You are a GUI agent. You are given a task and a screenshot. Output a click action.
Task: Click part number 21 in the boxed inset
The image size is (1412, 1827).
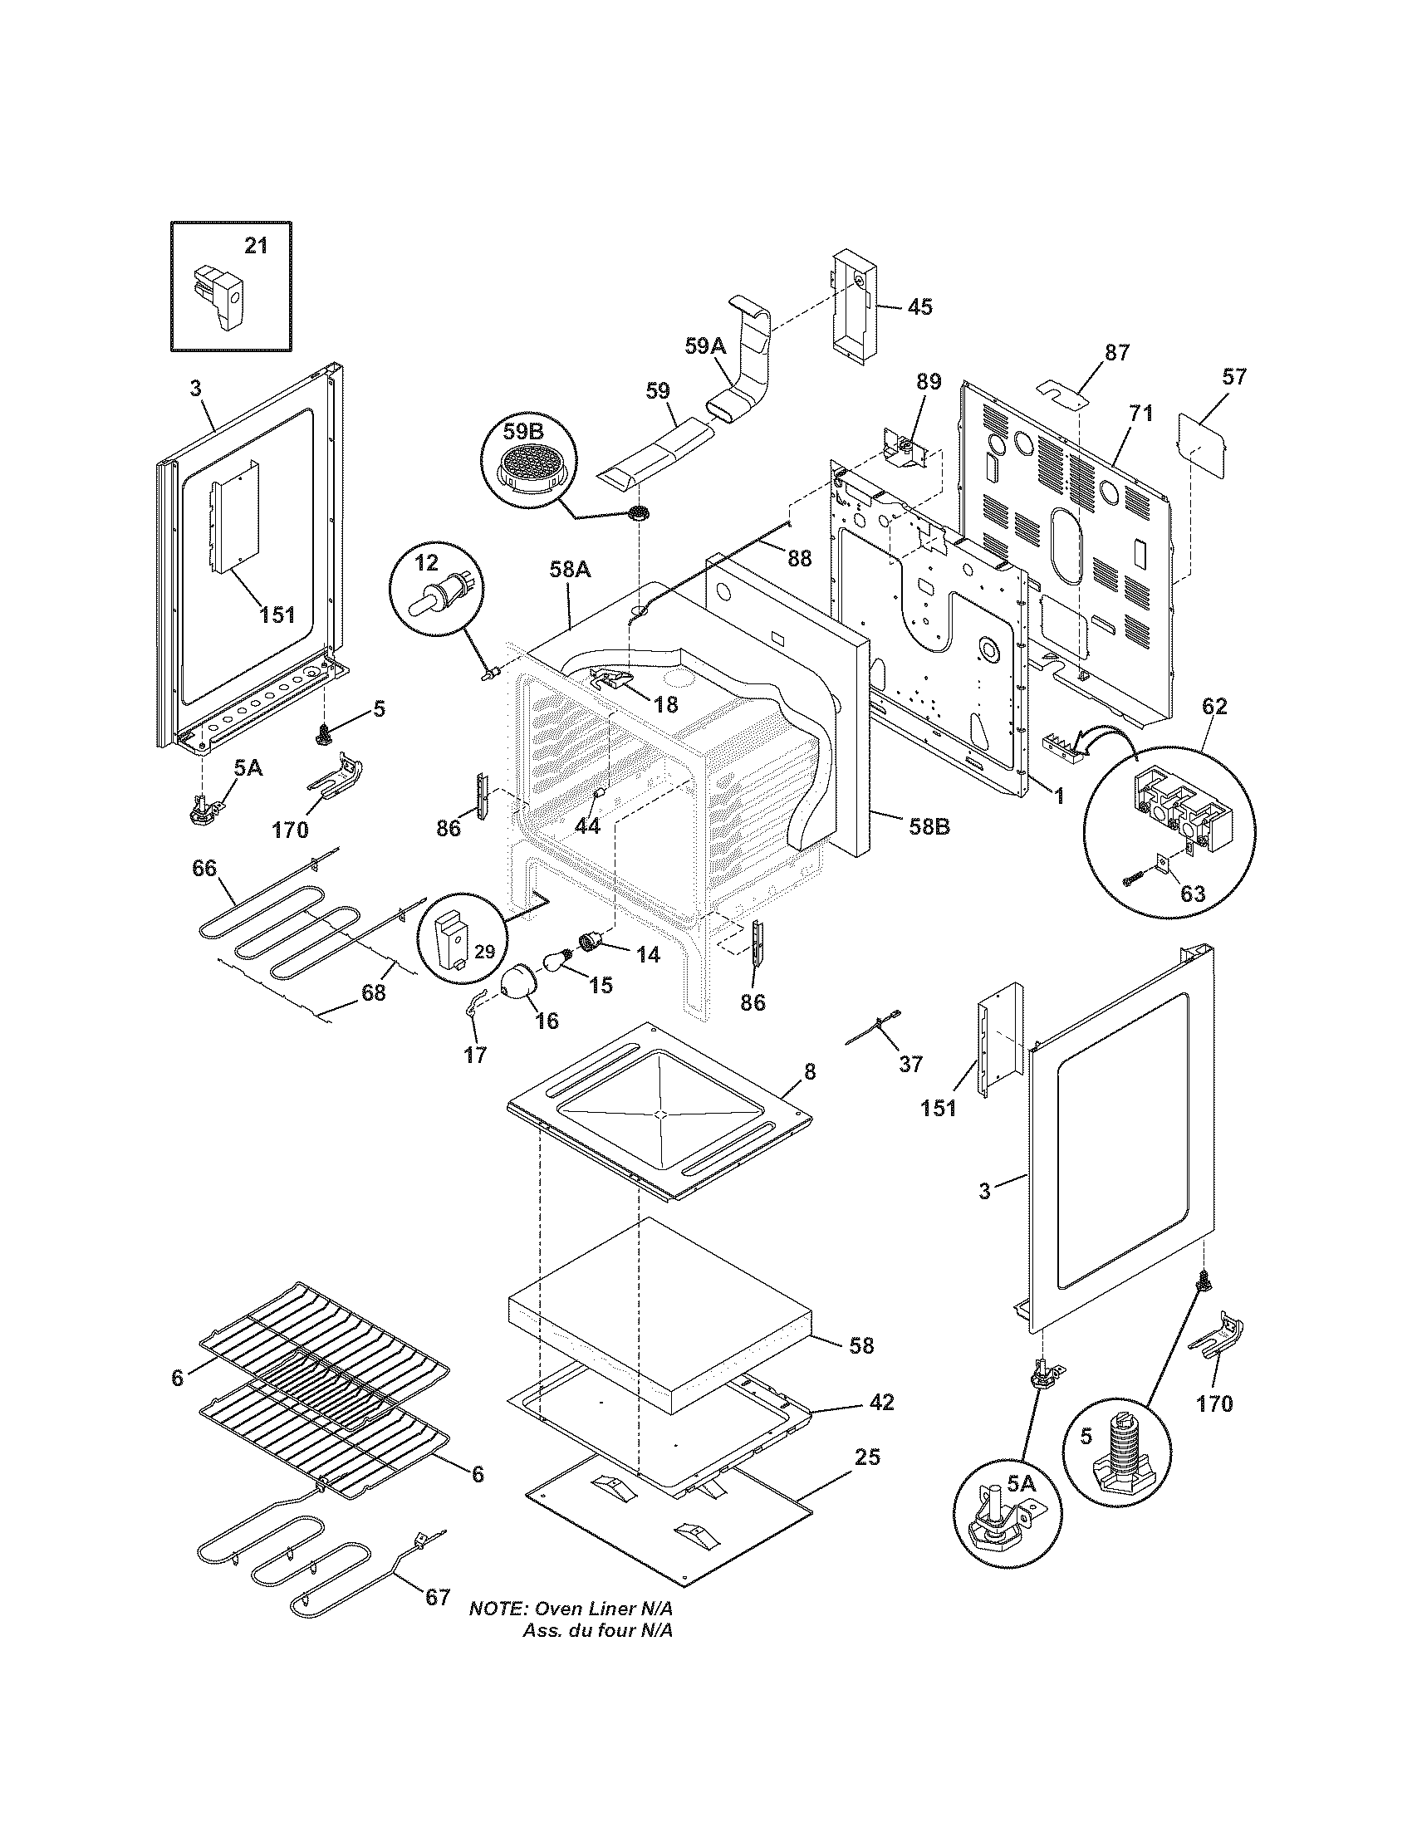(x=256, y=246)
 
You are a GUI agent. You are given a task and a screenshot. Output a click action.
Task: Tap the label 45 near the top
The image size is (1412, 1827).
(x=919, y=307)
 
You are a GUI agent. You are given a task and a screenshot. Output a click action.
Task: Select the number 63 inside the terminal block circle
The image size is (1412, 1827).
(x=1193, y=894)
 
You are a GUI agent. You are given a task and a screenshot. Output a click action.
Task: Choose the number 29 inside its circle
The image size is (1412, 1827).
(x=485, y=951)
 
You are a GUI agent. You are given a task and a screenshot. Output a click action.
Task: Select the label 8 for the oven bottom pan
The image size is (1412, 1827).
(x=810, y=1071)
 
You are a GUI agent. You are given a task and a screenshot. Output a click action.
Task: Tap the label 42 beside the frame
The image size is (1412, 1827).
(x=882, y=1401)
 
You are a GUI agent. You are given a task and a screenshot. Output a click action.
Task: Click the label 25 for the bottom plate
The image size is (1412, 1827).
(x=868, y=1457)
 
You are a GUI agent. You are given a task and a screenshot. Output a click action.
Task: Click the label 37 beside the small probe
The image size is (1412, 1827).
(x=910, y=1064)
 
